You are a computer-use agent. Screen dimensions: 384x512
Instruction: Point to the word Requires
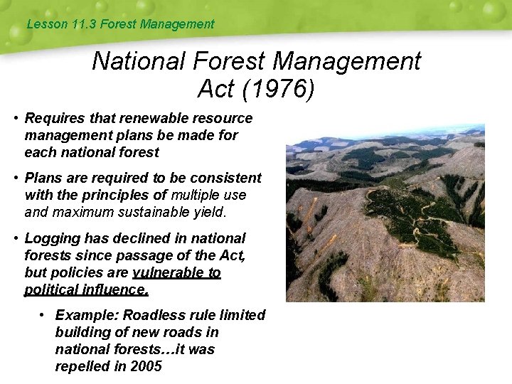54,118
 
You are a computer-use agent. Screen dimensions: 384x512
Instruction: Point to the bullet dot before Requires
14,118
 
